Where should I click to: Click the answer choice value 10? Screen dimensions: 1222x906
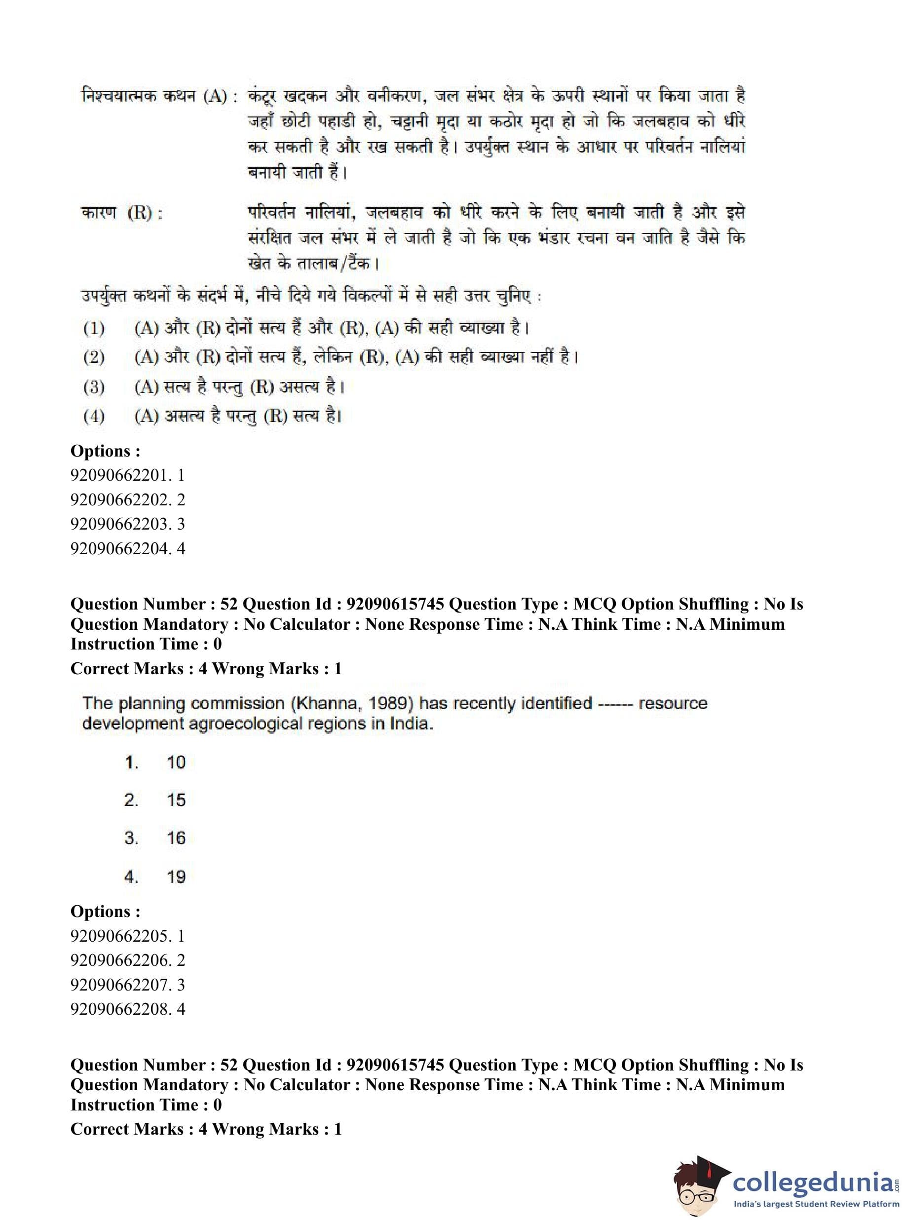click(x=176, y=763)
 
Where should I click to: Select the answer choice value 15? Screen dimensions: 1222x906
click(x=176, y=800)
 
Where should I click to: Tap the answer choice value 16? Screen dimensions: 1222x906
click(x=176, y=838)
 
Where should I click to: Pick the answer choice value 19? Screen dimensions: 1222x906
click(x=176, y=877)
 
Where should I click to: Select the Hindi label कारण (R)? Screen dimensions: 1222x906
click(x=122, y=213)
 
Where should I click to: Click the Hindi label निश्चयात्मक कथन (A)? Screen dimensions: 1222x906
click(x=159, y=97)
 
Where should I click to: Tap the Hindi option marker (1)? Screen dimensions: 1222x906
click(x=94, y=329)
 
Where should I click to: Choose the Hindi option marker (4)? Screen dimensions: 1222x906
click(x=94, y=416)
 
